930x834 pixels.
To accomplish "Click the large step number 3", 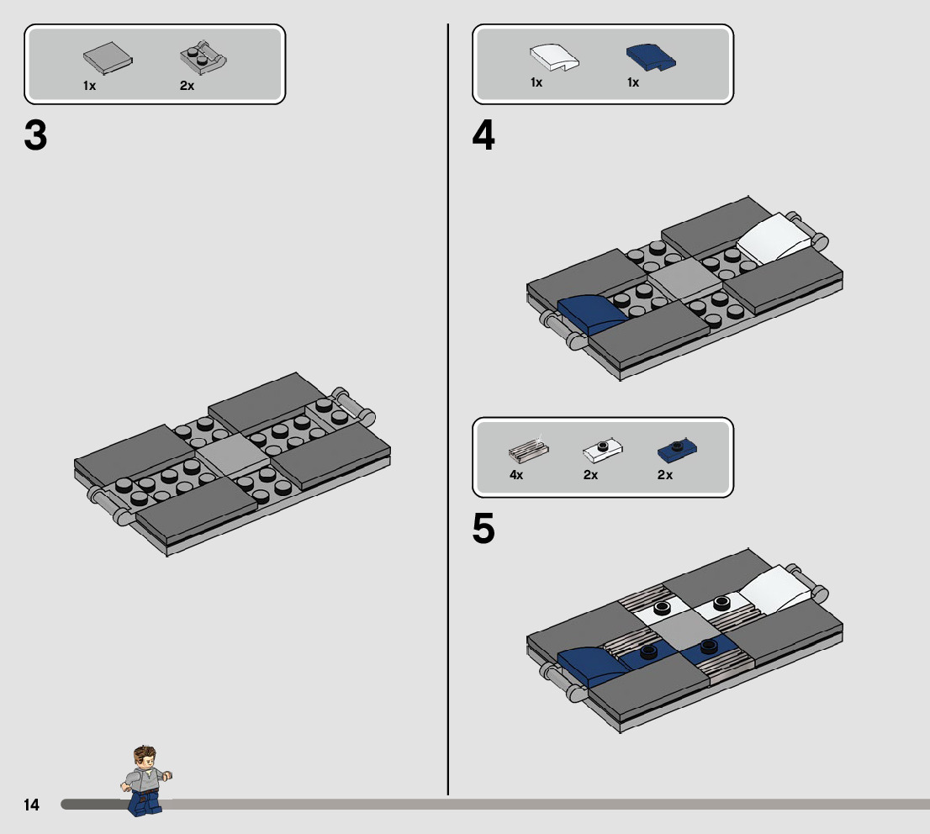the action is tap(36, 137).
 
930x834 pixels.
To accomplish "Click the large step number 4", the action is tap(483, 137).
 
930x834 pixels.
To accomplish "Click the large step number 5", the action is tap(483, 529).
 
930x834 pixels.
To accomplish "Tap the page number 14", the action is tap(31, 805).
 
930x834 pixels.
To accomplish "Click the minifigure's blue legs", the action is tap(145, 803).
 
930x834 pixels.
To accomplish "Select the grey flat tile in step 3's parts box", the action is tap(108, 56).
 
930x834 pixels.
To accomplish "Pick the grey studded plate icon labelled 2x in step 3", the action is tap(203, 56).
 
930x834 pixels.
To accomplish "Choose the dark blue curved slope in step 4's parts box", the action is tap(652, 57).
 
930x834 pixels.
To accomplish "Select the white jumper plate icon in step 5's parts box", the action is tap(602, 451).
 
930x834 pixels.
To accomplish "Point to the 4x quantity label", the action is tap(516, 475).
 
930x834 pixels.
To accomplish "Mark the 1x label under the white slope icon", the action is tap(536, 82).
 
